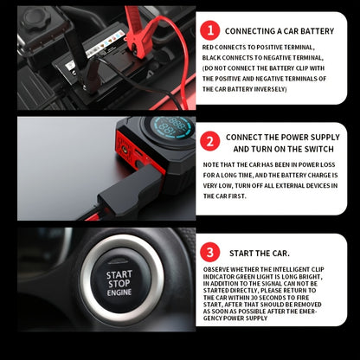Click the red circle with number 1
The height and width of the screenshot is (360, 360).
(x=210, y=30)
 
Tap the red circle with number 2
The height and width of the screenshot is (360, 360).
(x=210, y=141)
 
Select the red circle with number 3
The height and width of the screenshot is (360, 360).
(x=210, y=252)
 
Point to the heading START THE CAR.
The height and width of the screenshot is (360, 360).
(x=260, y=254)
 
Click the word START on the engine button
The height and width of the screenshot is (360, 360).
(x=119, y=274)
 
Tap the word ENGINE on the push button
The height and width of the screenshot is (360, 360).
(x=119, y=292)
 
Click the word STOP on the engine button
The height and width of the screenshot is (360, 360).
(x=119, y=284)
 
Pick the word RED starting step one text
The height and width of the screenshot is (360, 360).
(x=208, y=48)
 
